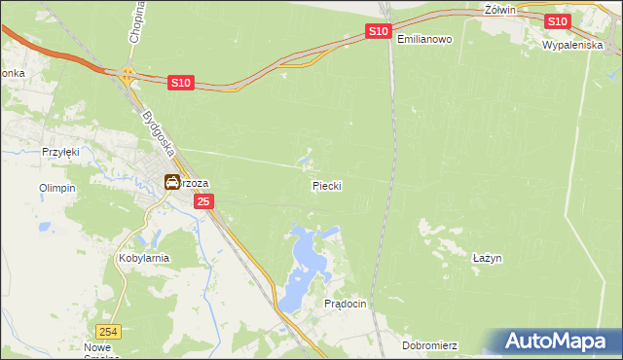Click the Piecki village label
[x=327, y=185]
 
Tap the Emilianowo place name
[x=425, y=39]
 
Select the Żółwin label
[x=498, y=9]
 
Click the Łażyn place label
[x=487, y=258]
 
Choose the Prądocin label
[x=345, y=304]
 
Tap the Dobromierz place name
[x=429, y=345]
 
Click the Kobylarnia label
[x=144, y=258]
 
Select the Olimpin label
[x=56, y=188]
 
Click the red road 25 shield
[x=202, y=201]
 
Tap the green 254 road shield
[x=110, y=332]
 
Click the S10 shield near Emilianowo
[x=380, y=32]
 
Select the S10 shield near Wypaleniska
[x=557, y=21]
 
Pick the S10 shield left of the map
[x=180, y=84]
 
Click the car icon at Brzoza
[x=172, y=181]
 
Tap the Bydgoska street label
[x=157, y=135]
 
